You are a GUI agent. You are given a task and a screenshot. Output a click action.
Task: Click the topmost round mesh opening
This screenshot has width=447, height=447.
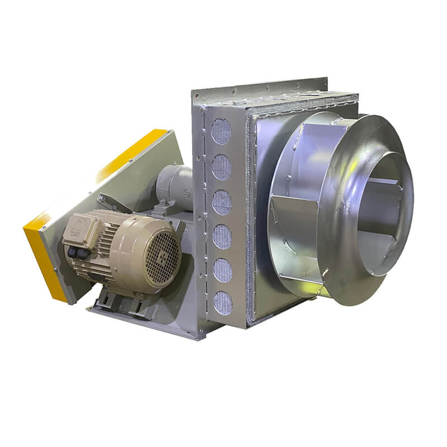pos(221,132)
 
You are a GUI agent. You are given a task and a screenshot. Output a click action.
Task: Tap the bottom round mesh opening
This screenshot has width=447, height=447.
pos(222,302)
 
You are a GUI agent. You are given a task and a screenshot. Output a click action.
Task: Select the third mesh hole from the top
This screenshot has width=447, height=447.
pos(222,202)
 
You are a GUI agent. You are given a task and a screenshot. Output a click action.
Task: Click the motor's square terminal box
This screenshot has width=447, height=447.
pos(80,230)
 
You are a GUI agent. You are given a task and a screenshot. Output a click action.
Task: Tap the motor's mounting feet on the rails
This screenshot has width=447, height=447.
pos(120,302)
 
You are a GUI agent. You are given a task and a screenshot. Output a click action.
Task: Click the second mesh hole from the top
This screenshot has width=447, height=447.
pos(221,167)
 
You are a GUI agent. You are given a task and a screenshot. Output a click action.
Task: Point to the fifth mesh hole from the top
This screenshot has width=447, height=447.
pos(222,270)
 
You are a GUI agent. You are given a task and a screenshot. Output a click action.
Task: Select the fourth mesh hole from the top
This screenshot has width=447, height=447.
pos(222,236)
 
